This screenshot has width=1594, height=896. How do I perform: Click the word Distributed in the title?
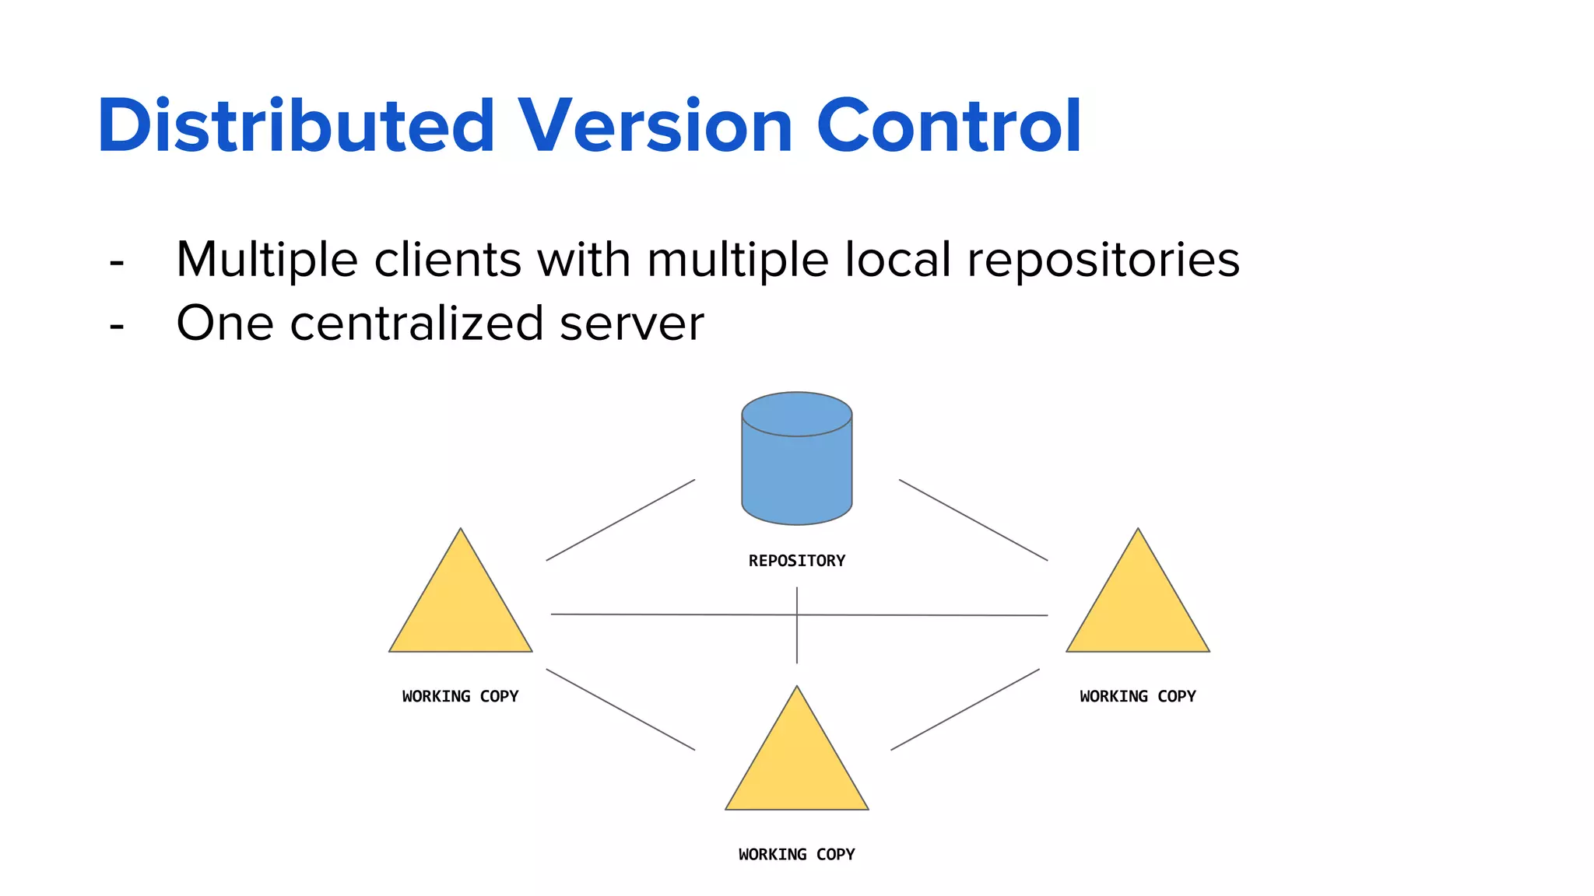[296, 126]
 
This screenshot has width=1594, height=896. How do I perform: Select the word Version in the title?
[655, 126]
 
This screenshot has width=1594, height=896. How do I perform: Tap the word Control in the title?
[949, 126]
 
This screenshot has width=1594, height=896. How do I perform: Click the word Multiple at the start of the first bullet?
[266, 260]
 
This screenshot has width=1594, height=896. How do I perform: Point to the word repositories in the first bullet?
[1103, 260]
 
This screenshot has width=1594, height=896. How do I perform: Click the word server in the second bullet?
[631, 324]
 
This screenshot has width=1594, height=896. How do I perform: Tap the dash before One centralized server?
[117, 326]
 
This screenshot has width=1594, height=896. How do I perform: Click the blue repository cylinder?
[796, 467]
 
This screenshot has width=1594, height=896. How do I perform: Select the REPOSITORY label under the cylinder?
[796, 561]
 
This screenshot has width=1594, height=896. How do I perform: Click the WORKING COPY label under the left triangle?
[460, 696]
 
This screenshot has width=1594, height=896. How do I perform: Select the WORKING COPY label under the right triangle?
[1137, 696]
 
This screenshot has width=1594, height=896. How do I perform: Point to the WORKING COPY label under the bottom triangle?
[796, 854]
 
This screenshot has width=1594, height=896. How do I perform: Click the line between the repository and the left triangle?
[620, 520]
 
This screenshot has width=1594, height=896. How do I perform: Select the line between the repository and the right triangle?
[973, 520]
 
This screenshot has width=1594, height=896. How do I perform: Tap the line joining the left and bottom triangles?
[620, 709]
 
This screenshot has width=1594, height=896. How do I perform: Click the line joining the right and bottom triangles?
[965, 709]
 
